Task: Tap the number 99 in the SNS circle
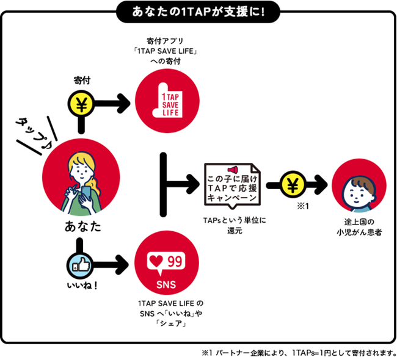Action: [x=175, y=261]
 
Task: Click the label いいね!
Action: [x=79, y=285]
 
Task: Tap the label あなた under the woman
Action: [x=79, y=228]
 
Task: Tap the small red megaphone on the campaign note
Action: [x=231, y=170]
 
